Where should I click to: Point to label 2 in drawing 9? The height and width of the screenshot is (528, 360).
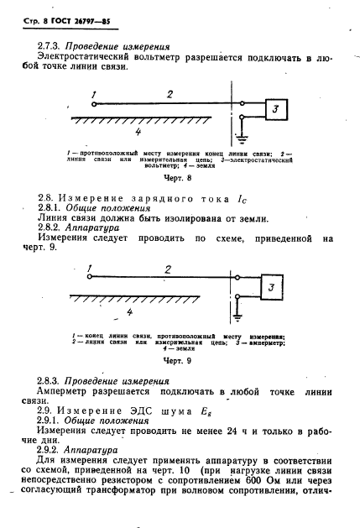pos(168,270)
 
